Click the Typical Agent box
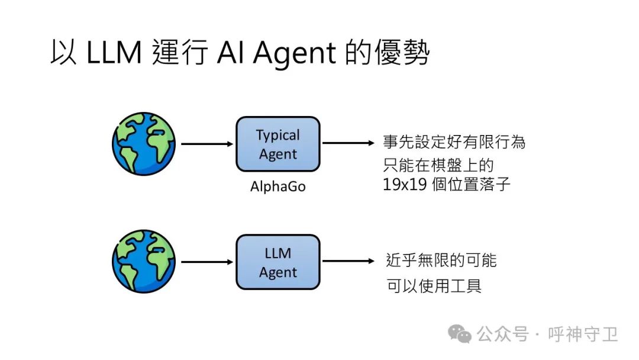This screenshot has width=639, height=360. click(x=277, y=144)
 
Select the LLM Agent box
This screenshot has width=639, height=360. click(x=277, y=262)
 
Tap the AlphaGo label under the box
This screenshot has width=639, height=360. click(x=277, y=187)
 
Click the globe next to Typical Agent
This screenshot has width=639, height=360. click(x=144, y=144)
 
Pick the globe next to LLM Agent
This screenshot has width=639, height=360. click(x=144, y=262)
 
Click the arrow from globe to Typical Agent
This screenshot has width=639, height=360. click(x=206, y=144)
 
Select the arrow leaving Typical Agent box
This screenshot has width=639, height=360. click(x=348, y=143)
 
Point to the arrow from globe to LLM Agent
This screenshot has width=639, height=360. click(x=206, y=262)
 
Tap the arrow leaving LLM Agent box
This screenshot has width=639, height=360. click(x=348, y=261)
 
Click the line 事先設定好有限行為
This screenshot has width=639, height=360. click(x=454, y=143)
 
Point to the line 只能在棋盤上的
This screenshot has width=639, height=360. click(x=438, y=164)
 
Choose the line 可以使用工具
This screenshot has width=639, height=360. click(x=434, y=286)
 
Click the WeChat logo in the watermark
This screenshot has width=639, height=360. click(x=460, y=335)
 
